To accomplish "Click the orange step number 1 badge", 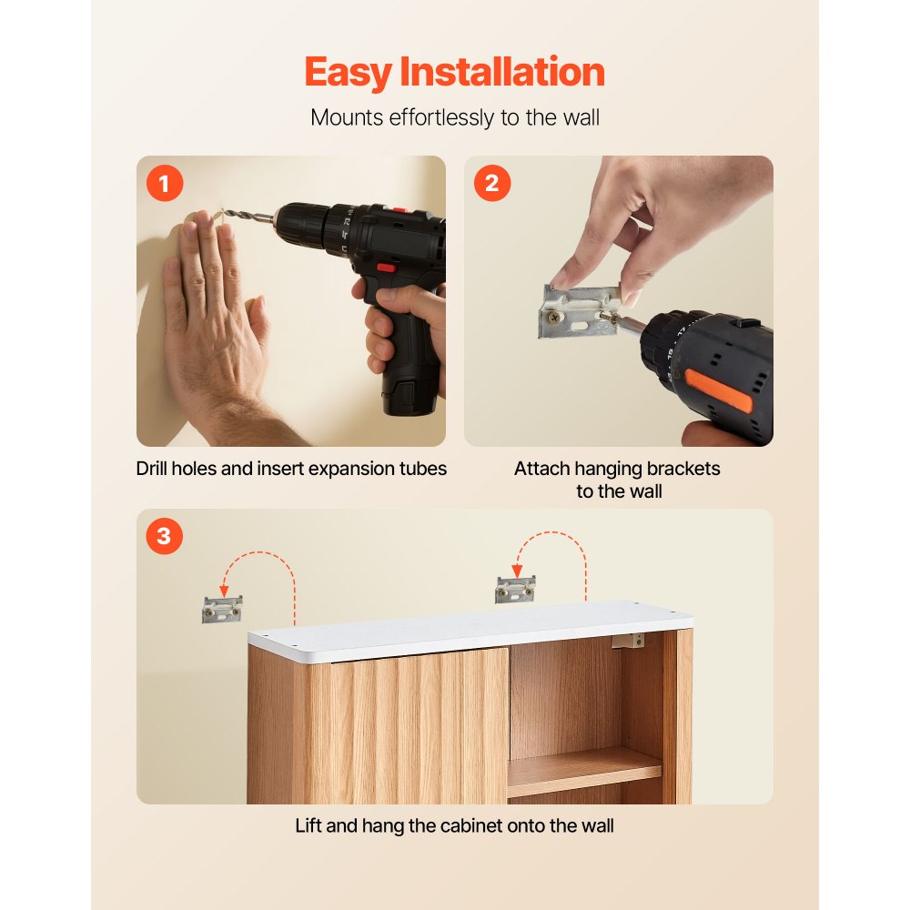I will [165, 185].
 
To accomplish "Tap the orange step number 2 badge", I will [492, 185].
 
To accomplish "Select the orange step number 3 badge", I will [165, 537].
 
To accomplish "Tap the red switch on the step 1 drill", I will [386, 268].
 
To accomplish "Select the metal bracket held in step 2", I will [573, 309].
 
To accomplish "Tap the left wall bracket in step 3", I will [222, 609].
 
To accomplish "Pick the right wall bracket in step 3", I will [515, 589].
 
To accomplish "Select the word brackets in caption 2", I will [681, 470].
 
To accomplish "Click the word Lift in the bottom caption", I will [309, 826].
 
